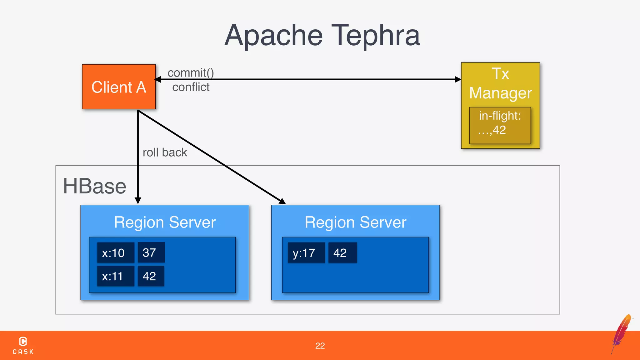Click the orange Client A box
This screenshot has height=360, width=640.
(x=119, y=87)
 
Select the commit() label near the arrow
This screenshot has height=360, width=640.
(x=191, y=72)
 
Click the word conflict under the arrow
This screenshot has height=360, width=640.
(x=191, y=87)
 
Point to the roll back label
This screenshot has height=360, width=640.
(x=165, y=152)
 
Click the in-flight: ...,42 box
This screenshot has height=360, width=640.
(x=500, y=125)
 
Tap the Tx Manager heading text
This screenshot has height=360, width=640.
(x=500, y=83)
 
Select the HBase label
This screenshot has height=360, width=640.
(x=94, y=186)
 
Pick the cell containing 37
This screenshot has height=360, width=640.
(x=151, y=252)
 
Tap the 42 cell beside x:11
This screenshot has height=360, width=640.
(x=151, y=276)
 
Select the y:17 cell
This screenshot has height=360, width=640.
(x=306, y=252)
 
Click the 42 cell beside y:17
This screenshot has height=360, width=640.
(x=342, y=252)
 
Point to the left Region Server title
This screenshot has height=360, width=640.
(x=165, y=222)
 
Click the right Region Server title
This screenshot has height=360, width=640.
(x=355, y=222)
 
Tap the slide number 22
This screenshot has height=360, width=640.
(x=320, y=346)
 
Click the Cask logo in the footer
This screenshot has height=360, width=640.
(x=23, y=345)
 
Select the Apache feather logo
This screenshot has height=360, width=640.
(x=622, y=333)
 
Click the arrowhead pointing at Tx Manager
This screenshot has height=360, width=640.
(x=458, y=79)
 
